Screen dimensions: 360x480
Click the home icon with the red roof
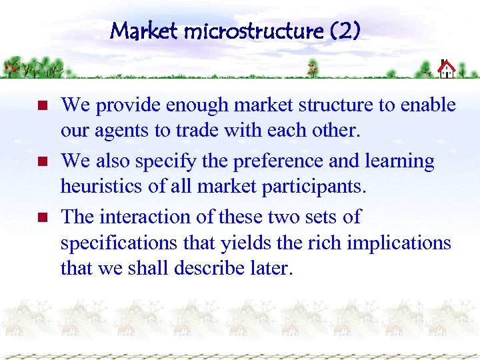tap(446, 69)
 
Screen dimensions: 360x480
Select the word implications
tap(395, 243)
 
